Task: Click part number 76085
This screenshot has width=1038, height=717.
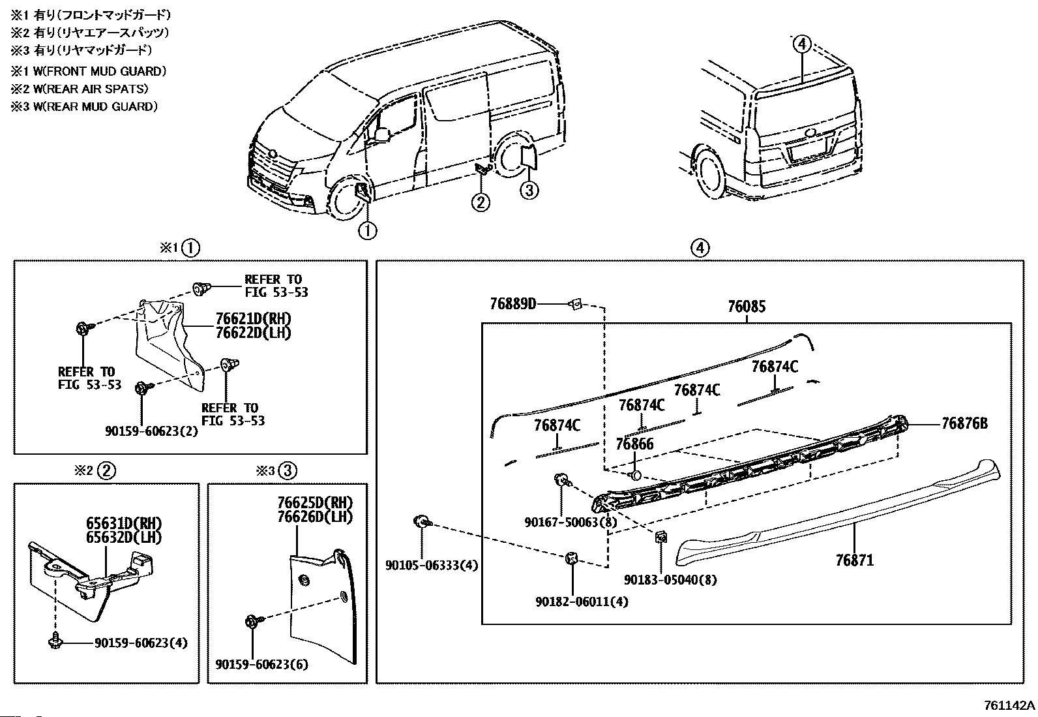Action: [746, 307]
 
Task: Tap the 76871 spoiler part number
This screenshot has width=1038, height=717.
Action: [854, 560]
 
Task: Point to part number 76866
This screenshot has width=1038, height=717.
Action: [634, 444]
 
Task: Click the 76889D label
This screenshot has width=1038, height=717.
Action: [512, 303]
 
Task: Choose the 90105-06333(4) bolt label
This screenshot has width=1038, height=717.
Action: [431, 566]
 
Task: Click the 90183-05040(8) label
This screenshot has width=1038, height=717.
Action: [670, 580]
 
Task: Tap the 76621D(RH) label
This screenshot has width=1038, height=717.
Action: [253, 319]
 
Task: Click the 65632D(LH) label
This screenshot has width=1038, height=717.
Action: [123, 537]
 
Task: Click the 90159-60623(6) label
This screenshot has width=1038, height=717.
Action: [262, 665]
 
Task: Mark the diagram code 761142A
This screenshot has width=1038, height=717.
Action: [1009, 706]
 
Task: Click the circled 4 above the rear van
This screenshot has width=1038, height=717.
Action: [801, 44]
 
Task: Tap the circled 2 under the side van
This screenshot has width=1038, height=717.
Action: [480, 202]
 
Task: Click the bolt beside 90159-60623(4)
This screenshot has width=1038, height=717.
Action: [55, 642]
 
